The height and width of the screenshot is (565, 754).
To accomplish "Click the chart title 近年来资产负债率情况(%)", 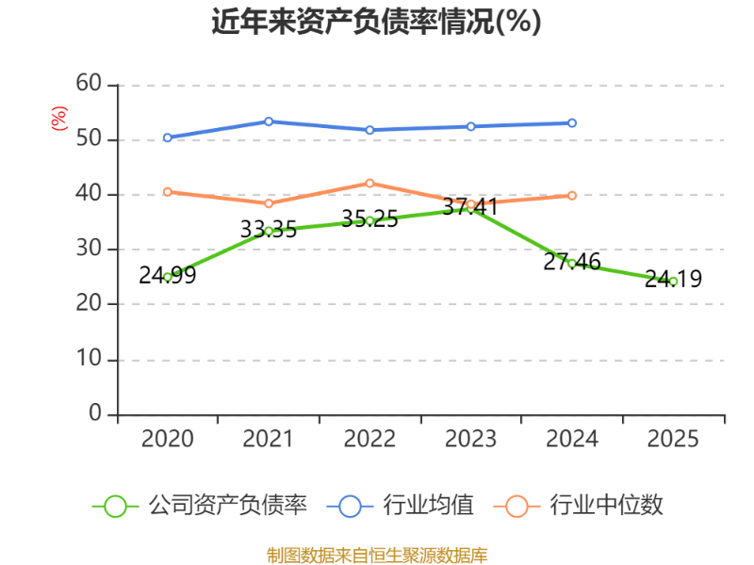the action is (376, 22).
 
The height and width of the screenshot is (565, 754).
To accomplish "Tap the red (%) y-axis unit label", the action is (58, 119).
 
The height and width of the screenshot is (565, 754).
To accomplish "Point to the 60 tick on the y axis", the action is (89, 84).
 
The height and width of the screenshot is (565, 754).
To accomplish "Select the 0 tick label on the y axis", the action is (95, 413).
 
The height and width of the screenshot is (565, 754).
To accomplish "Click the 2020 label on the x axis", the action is (168, 439).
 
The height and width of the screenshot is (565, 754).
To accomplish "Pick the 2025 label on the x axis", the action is (673, 439).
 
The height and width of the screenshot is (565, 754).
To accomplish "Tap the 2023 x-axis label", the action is (470, 439).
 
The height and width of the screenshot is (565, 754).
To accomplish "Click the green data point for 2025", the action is (673, 282).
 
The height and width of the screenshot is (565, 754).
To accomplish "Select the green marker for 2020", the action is (168, 277).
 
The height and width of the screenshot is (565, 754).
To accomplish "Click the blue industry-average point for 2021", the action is (269, 121).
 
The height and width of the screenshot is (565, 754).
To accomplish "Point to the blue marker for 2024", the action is (572, 123).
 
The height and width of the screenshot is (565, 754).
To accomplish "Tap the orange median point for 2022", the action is (369, 184).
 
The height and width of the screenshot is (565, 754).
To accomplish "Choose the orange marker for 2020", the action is (168, 192).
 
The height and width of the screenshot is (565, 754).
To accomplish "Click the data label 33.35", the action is (269, 229).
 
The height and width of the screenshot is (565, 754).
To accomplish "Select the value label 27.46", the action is (572, 262).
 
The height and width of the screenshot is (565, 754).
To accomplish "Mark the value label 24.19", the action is (673, 279).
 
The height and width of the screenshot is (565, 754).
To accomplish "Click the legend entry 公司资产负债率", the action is (200, 506).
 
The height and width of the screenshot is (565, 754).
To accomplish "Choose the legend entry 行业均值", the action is (400, 506).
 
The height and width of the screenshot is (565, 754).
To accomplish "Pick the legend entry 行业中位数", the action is (579, 506).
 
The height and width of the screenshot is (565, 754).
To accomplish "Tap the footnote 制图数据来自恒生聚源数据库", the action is (377, 556).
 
